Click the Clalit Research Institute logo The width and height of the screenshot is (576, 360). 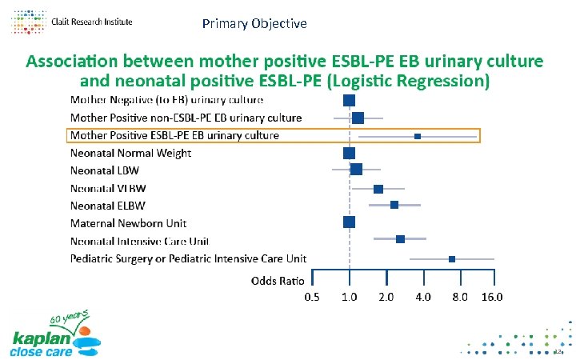click(72, 22)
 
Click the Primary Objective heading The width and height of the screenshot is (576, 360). click(254, 24)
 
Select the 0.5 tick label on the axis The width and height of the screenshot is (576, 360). click(312, 298)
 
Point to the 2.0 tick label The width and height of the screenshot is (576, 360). click(386, 298)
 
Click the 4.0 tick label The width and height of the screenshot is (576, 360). click(422, 298)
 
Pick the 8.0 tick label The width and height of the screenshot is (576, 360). click(459, 298)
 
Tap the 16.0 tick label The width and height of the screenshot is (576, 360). click(492, 298)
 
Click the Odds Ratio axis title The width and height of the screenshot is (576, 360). click(277, 281)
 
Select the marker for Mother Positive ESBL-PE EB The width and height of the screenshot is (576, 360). click(418, 137)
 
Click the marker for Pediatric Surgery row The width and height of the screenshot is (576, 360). click(452, 259)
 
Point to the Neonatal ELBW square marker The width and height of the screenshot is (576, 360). click(394, 206)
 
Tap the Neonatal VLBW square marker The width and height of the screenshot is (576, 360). click(378, 189)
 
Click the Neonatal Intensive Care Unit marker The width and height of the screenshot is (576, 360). click(400, 239)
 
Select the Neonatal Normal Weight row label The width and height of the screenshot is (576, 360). click(130, 153)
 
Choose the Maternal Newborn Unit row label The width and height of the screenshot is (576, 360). click(127, 222)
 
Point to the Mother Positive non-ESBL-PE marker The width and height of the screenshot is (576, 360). click(358, 118)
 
